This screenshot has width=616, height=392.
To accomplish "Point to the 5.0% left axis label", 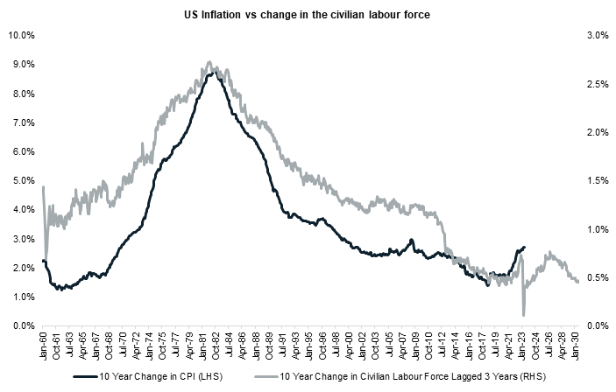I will (23, 181).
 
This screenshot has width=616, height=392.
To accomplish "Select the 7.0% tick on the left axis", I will (23, 123).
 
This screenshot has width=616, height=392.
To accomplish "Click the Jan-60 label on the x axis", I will (43, 344).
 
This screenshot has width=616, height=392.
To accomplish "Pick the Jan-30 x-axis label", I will (577, 344).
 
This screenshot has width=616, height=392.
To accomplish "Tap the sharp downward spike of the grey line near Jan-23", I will (523, 314).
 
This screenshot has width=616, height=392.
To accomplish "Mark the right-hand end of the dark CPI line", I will (524, 248).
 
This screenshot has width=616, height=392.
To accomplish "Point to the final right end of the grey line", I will (577, 281).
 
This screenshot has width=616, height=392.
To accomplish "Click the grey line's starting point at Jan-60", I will (43, 187).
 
